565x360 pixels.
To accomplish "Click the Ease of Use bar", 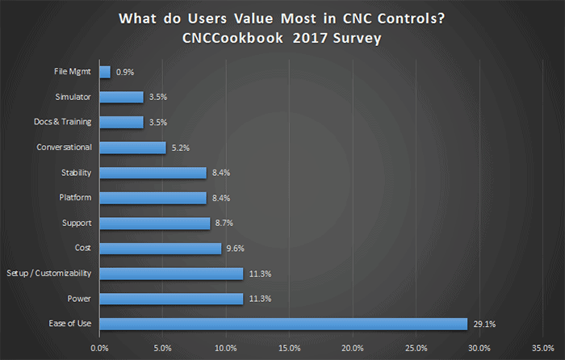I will pos(283,324).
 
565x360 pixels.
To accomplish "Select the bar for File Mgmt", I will pos(105,72).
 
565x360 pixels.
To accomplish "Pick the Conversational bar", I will pos(132,148).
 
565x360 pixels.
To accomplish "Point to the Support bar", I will pos(154,223).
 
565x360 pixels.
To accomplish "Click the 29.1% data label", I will pos(484,324).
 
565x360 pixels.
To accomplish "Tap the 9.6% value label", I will pos(236,249).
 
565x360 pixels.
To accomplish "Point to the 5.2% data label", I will pos(182,148).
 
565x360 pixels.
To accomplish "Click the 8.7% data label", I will pos(225,223).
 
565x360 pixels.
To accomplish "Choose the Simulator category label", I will pos(74,97).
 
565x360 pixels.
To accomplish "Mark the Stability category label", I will pos(76,173).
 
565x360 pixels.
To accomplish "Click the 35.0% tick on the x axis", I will pos(543,348).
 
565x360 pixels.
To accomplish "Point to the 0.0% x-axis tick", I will pos(100,348).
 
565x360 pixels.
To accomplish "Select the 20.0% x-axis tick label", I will pos(353,348).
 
